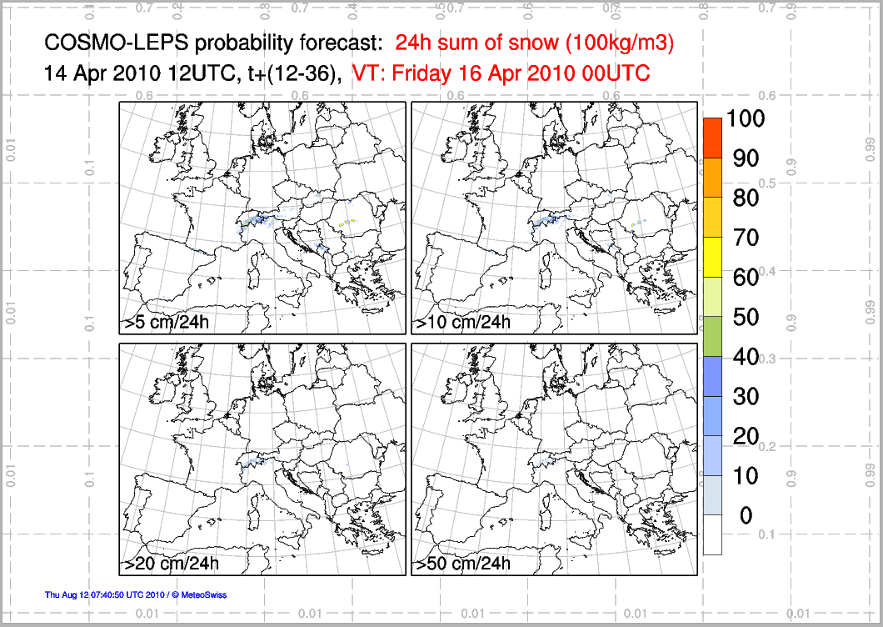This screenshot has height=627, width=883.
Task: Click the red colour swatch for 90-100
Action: (x=712, y=138)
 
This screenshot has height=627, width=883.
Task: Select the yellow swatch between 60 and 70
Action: (x=712, y=257)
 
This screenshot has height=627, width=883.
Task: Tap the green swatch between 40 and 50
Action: (x=712, y=336)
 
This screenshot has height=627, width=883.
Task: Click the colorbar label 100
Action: (x=745, y=118)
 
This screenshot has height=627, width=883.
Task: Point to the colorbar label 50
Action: (x=745, y=317)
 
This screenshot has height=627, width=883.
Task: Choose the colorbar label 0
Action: (x=745, y=516)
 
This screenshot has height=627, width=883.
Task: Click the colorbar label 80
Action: (x=745, y=198)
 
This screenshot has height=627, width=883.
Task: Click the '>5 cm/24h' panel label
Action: (x=173, y=323)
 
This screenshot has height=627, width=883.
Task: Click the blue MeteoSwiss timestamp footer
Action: (x=136, y=594)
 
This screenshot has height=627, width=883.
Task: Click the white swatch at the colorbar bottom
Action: (x=712, y=534)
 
